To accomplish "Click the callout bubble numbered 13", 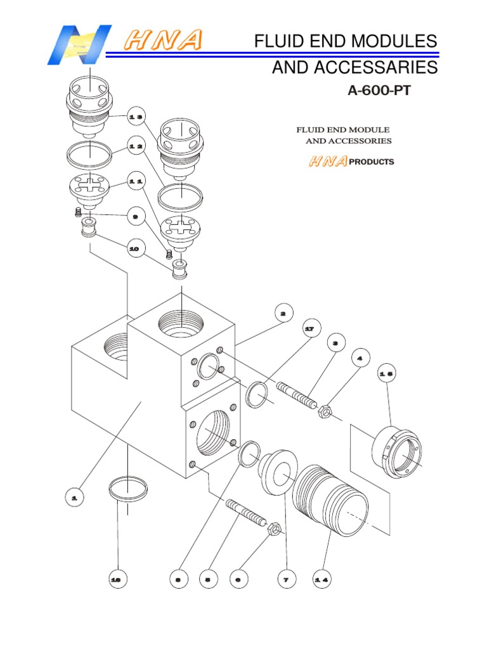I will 135,117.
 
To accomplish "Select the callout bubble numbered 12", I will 135,146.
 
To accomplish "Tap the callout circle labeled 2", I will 283,312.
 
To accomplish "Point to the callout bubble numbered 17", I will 309,330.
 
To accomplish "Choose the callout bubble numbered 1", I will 74,499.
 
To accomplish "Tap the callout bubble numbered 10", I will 134,250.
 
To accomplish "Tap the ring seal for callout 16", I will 128,489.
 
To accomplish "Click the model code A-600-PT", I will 379,91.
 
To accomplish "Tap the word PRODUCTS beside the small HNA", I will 372,162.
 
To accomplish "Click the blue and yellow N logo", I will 79,44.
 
